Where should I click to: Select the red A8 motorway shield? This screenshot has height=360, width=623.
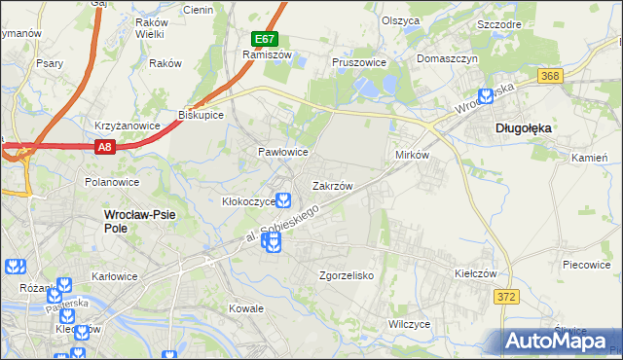(x=105, y=147)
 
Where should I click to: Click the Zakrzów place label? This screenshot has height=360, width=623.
(x=332, y=185)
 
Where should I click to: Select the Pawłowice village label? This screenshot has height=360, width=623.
(x=282, y=153)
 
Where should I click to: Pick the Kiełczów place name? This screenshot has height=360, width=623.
(x=450, y=273)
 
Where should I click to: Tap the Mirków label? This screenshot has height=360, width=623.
(x=412, y=156)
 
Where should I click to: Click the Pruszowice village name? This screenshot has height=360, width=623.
(x=359, y=61)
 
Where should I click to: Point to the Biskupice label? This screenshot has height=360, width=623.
(x=202, y=115)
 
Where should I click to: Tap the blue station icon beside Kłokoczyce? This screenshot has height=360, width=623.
(x=282, y=201)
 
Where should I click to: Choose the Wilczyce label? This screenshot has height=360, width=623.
(x=409, y=323)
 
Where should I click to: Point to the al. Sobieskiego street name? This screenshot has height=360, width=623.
(x=281, y=225)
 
